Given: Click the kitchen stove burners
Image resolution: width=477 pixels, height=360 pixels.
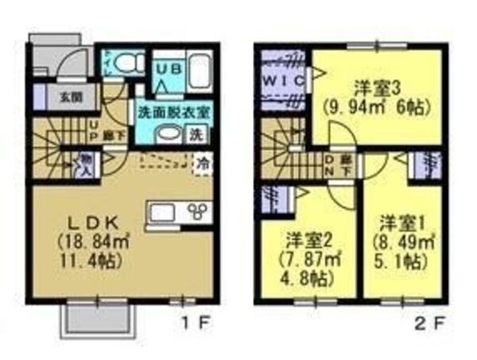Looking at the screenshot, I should [x=196, y=211].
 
